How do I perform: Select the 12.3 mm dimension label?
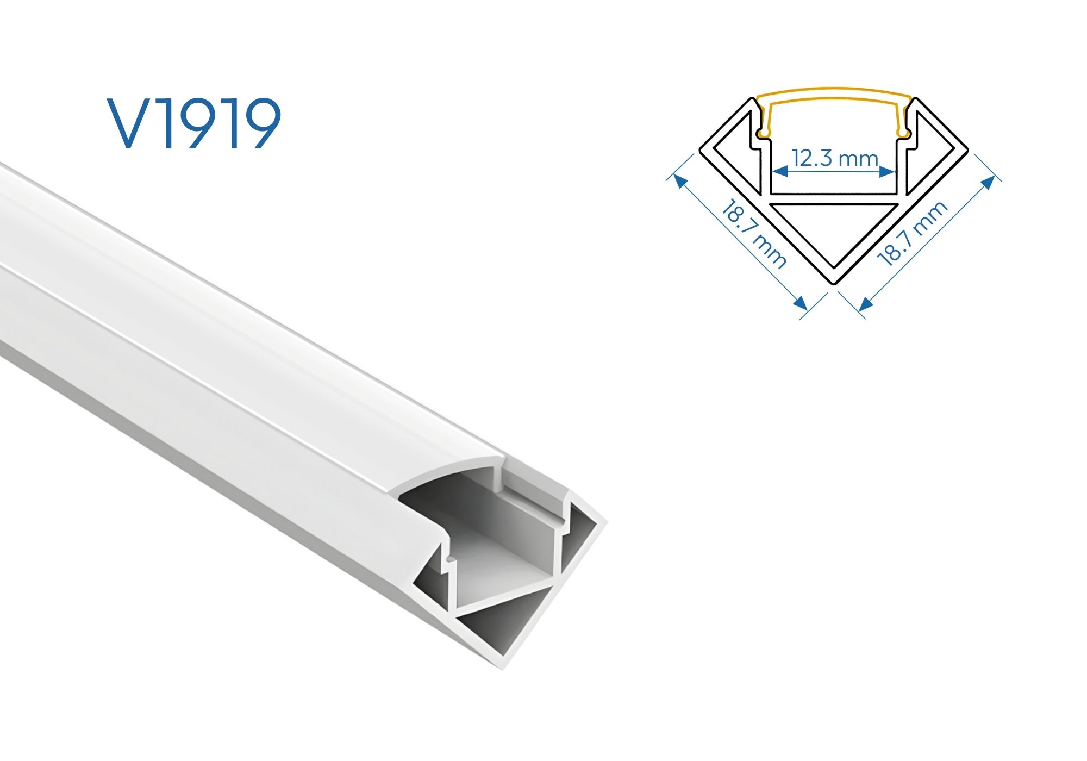(834, 158)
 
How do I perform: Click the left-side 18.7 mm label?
(754, 234)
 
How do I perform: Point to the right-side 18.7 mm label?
(913, 233)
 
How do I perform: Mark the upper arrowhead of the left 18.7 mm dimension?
(679, 180)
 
